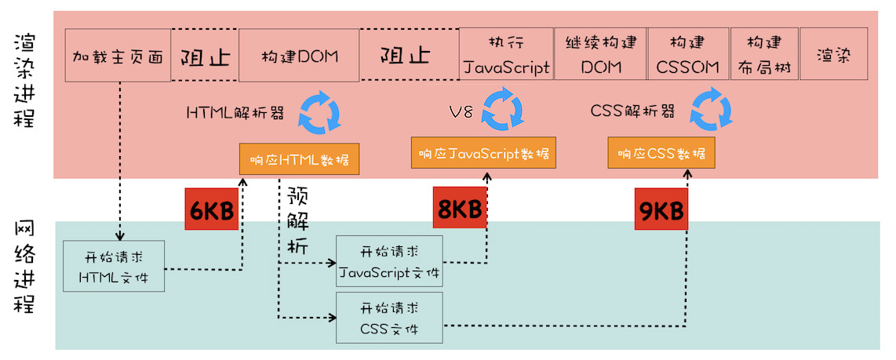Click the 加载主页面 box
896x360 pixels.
118,56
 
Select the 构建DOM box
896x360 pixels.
298,56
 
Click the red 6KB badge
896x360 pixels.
211,209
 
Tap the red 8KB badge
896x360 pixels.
459,209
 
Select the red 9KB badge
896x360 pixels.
661,209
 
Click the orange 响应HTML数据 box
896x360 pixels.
299,159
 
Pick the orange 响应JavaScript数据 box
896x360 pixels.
483,152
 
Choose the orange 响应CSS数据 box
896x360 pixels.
661,152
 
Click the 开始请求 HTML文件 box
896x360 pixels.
114,267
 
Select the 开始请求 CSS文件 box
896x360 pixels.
389,317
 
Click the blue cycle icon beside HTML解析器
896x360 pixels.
319,115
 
